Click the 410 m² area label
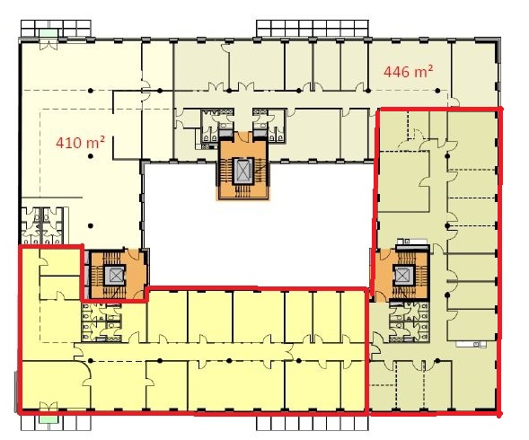point(80,142)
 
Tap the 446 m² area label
point(409,71)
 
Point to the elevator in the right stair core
point(404,275)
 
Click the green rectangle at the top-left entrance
point(48,32)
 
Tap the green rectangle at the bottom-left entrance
point(48,419)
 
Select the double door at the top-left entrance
point(48,44)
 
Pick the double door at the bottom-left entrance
point(48,406)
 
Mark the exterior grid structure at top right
point(313,28)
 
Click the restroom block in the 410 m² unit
point(42,225)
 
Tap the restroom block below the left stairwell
point(101,322)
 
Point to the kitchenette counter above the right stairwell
point(412,242)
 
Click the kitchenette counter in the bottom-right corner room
point(472,344)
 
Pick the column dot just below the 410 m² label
point(91,156)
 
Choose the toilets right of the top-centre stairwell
point(269,125)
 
